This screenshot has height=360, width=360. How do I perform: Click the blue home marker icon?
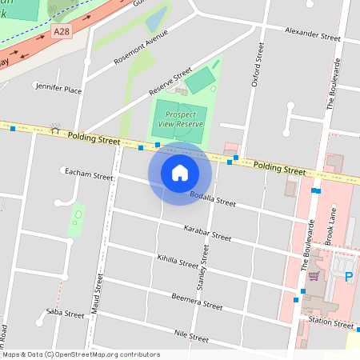pyautogui.click(x=180, y=172)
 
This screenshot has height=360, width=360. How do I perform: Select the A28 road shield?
pyautogui.click(x=61, y=30)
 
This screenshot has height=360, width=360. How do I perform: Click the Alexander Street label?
pyautogui.click(x=313, y=33)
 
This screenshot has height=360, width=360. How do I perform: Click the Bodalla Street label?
pyautogui.click(x=213, y=198)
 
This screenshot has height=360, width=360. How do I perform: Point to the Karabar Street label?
pyautogui.click(x=207, y=234)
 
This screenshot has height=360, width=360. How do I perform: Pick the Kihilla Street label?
pyautogui.click(x=178, y=262)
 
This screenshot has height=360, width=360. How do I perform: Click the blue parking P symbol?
pyautogui.click(x=348, y=277)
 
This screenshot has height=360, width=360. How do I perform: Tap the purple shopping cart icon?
pyautogui.click(x=314, y=276)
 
